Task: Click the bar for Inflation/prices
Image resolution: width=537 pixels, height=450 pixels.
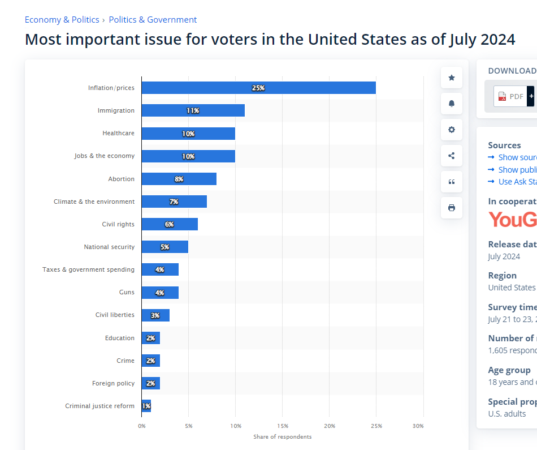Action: pos(258,88)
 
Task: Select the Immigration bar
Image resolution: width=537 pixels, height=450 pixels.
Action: pos(193,110)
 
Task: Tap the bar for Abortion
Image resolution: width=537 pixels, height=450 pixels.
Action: pos(179,179)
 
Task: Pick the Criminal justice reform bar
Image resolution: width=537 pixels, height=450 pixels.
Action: pos(146,406)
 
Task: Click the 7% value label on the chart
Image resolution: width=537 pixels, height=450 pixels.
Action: pos(174,202)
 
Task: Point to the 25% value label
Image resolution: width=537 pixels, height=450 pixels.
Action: pos(258,88)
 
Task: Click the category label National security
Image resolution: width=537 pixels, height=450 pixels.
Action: pos(109,247)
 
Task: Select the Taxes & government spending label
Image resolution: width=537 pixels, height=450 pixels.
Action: pos(88,269)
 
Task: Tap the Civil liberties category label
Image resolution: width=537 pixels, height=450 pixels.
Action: pos(115,315)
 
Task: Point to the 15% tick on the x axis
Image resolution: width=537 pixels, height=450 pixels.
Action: pos(283,426)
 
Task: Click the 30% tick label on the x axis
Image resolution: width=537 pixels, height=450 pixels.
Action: pos(418,426)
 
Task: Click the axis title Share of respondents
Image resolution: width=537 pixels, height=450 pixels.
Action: pos(282,436)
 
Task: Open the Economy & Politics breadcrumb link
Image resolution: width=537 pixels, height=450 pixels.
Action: pos(62,20)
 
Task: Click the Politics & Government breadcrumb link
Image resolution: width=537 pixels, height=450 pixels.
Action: pos(153,20)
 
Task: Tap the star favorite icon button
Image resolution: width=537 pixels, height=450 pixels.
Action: pos(452,78)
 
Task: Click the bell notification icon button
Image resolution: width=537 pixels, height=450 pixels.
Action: pos(452,104)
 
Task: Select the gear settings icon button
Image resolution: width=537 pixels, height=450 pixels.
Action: pos(452,130)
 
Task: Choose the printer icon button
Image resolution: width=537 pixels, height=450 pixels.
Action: pos(452,208)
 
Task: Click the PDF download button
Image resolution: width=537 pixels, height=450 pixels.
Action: pos(511,96)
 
